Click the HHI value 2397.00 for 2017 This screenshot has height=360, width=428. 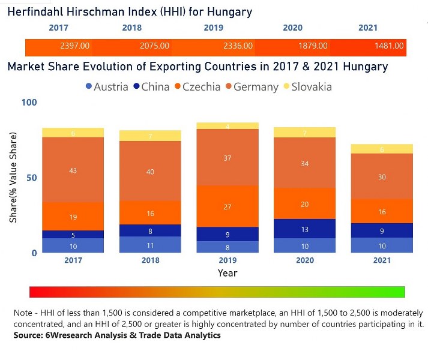point(75,46)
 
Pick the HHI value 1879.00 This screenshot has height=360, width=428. point(313,46)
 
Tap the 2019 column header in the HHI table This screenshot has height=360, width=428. point(213,28)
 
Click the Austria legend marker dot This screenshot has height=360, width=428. point(89,86)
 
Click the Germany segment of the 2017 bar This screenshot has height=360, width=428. point(73,170)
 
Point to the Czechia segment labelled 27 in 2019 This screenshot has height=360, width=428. point(227,206)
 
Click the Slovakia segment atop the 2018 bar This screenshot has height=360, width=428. point(151,136)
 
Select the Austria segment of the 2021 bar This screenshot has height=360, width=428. point(382,245)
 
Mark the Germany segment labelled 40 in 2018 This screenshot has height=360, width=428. point(151,172)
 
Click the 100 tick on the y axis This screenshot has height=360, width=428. point(29,103)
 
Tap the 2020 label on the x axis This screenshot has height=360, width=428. point(304,260)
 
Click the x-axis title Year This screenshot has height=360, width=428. point(227,273)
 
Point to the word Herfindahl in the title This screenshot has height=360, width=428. point(36,12)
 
